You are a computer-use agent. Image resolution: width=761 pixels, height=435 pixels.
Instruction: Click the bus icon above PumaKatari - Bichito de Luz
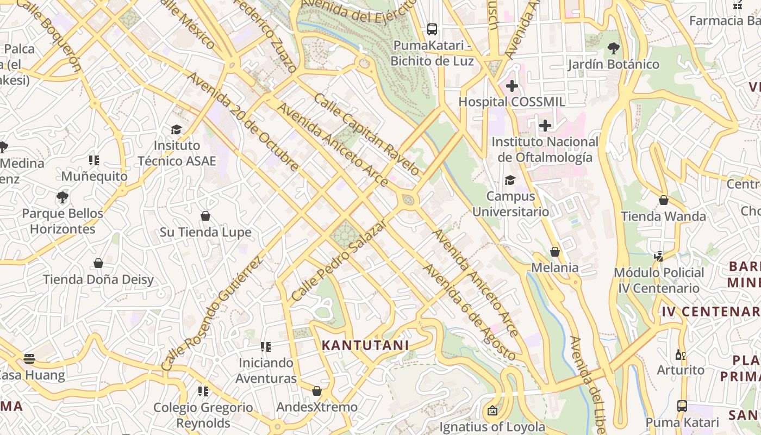[432, 29]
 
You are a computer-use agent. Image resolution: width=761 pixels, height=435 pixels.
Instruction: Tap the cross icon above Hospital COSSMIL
[512, 85]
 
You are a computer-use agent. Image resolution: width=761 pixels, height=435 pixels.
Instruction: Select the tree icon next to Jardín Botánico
[614, 48]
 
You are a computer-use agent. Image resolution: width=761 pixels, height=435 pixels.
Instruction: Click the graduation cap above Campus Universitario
[510, 180]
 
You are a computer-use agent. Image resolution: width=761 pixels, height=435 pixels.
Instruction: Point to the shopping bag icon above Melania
[555, 252]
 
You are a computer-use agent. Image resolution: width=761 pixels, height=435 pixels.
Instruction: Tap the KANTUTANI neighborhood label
[365, 345]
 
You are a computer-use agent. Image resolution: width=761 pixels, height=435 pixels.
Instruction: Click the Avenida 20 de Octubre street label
[241, 121]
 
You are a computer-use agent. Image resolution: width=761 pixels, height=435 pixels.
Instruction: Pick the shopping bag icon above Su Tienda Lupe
[205, 216]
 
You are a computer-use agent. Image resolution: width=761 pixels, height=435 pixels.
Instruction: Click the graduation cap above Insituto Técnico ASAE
[176, 129]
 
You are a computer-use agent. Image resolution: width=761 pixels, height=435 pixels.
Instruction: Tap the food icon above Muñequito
[94, 160]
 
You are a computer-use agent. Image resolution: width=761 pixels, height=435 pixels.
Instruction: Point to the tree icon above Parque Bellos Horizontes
[63, 197]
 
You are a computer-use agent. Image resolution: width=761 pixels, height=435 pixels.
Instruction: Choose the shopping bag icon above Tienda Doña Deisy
[98, 263]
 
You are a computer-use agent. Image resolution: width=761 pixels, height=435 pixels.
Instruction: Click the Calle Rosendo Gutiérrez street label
[212, 314]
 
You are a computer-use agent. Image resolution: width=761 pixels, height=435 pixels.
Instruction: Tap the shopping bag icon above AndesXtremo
[317, 391]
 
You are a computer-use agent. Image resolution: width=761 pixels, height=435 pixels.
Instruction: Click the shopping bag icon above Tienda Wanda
[664, 200]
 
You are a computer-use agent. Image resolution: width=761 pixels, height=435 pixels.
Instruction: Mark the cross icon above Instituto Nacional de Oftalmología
[545, 126]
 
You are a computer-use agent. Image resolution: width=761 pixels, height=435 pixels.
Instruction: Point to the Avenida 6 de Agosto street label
[469, 312]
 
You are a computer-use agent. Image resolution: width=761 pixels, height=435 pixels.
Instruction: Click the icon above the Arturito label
[680, 355]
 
